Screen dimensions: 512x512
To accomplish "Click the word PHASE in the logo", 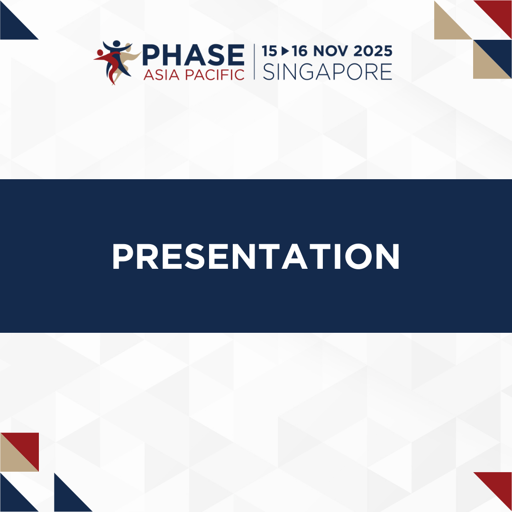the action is point(193,55).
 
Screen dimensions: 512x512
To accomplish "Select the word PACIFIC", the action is point(215,75).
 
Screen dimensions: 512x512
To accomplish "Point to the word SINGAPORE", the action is point(327,72).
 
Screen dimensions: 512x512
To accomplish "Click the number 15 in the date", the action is point(269,51).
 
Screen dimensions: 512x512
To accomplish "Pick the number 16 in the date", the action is point(300,51).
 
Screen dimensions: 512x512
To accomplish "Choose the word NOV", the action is point(330,51).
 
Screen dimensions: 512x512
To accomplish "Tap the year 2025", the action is point(373,51).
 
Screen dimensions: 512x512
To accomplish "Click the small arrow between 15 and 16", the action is point(285,51).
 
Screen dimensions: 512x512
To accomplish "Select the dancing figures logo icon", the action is point(117,63).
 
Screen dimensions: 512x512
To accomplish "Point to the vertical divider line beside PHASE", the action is point(254,62).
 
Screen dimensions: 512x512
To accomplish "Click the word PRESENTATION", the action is point(256,256).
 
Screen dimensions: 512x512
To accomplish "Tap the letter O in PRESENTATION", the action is point(358,256).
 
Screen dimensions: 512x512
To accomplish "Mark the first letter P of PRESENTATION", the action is point(123,256).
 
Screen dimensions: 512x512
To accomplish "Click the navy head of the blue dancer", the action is point(117,44).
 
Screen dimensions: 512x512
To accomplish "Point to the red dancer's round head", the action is point(100,53).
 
